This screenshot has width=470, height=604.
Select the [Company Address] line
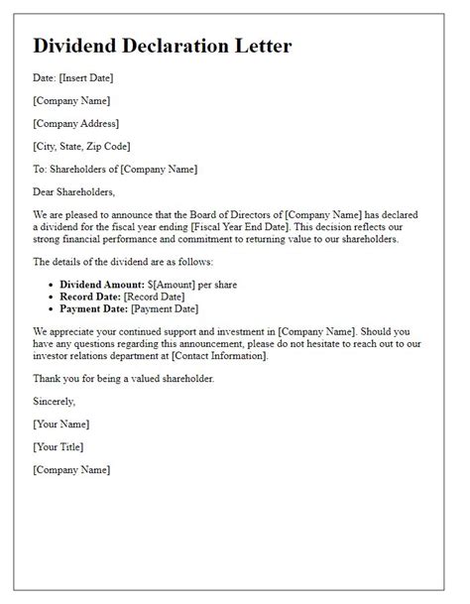(x=75, y=124)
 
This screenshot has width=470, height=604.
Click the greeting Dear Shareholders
(x=74, y=192)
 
